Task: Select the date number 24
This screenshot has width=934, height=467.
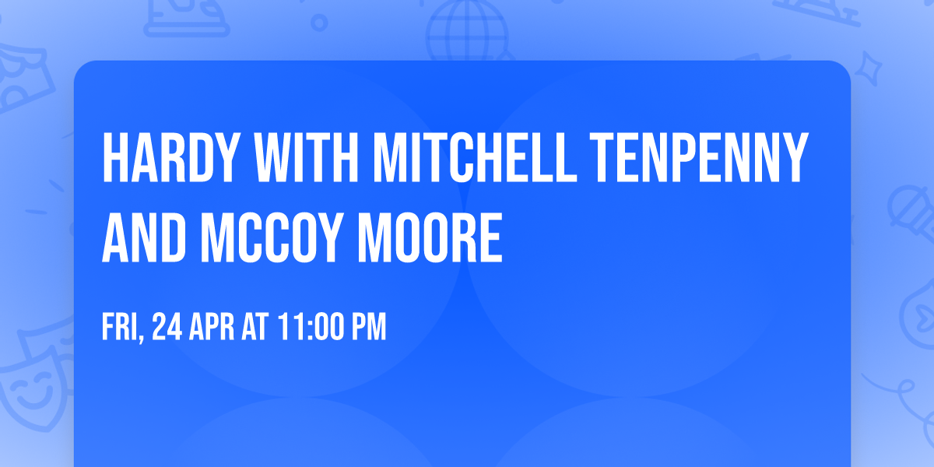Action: pyautogui.click(x=167, y=328)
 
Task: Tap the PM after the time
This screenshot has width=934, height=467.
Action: pyautogui.click(x=368, y=328)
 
